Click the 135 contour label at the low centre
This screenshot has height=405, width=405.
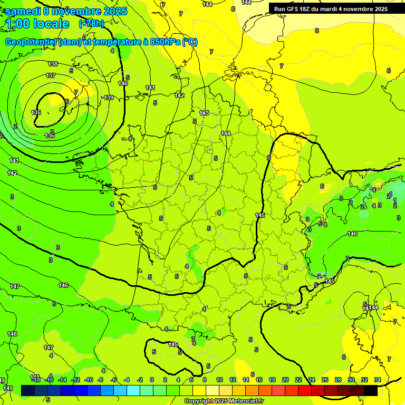pyautogui.click(x=36, y=112)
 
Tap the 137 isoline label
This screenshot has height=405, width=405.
pyautogui.click(x=51, y=75)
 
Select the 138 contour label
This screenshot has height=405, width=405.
pyautogui.click(x=53, y=64)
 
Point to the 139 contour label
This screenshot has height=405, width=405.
pyautogui.click(x=109, y=98)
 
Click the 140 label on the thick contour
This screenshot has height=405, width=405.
pyautogui.click(x=123, y=83)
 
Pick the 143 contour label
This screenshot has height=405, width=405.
pyautogui.click(x=204, y=113)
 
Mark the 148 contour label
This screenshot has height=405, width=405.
pyautogui.click(x=12, y=334)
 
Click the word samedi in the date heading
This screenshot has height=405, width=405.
pyautogui.click(x=23, y=11)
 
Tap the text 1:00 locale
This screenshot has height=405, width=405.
pyautogui.click(x=37, y=24)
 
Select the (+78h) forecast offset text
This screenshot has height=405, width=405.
pyautogui.click(x=91, y=24)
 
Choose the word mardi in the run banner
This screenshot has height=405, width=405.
pyautogui.click(x=338, y=9)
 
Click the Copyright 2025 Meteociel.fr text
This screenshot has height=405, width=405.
pyautogui.click(x=224, y=401)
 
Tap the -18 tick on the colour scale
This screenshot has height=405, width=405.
pyautogui.click(x=36, y=380)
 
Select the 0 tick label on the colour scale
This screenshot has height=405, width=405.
pyautogui.click(x=152, y=380)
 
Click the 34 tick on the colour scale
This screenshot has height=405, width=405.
pyautogui.click(x=378, y=380)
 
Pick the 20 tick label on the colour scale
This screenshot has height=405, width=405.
pyautogui.click(x=285, y=380)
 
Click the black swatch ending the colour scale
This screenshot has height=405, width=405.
pyautogui.click(x=371, y=390)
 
